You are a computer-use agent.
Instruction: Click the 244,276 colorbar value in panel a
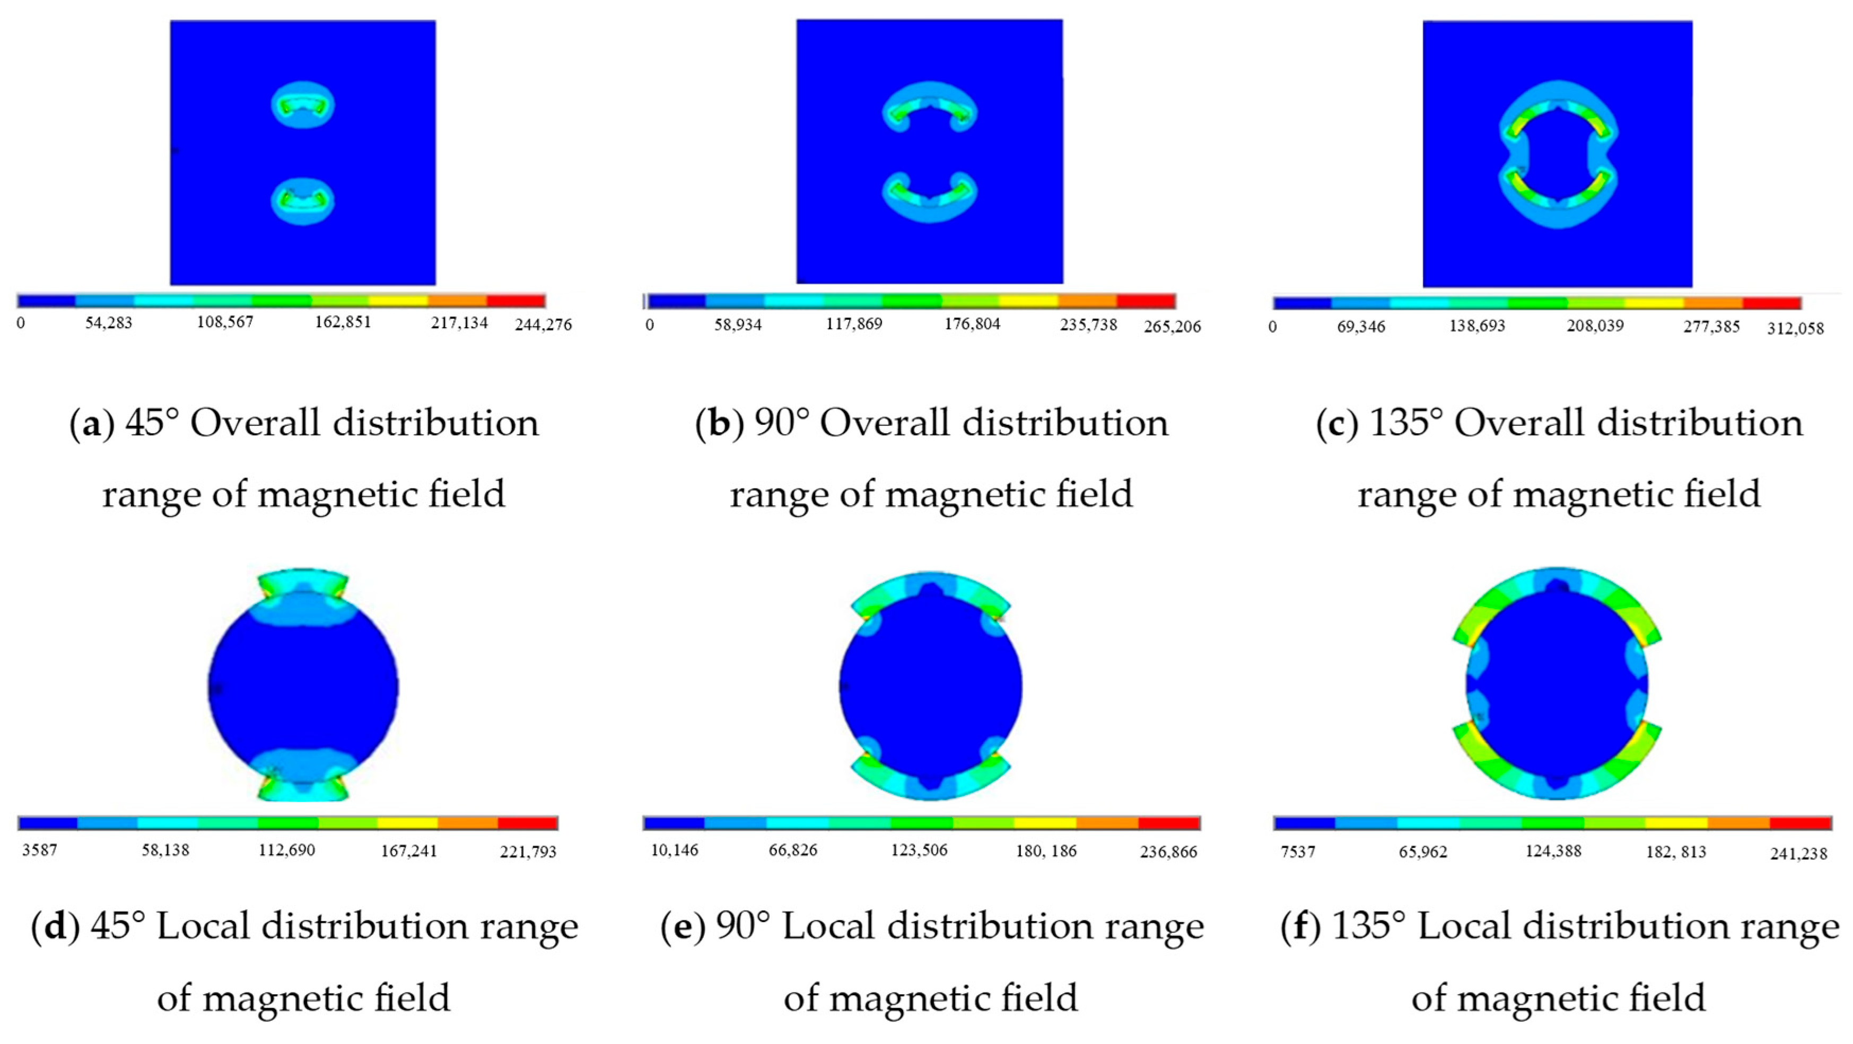point(543,325)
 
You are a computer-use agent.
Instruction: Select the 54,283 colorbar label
point(109,323)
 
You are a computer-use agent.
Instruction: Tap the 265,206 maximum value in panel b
point(1172,327)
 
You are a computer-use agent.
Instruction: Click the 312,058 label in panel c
point(1795,329)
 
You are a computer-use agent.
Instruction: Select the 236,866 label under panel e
point(1168,852)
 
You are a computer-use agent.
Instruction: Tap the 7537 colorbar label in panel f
point(1298,852)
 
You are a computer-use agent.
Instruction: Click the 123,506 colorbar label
point(919,850)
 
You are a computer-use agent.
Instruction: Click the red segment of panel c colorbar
point(1772,303)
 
